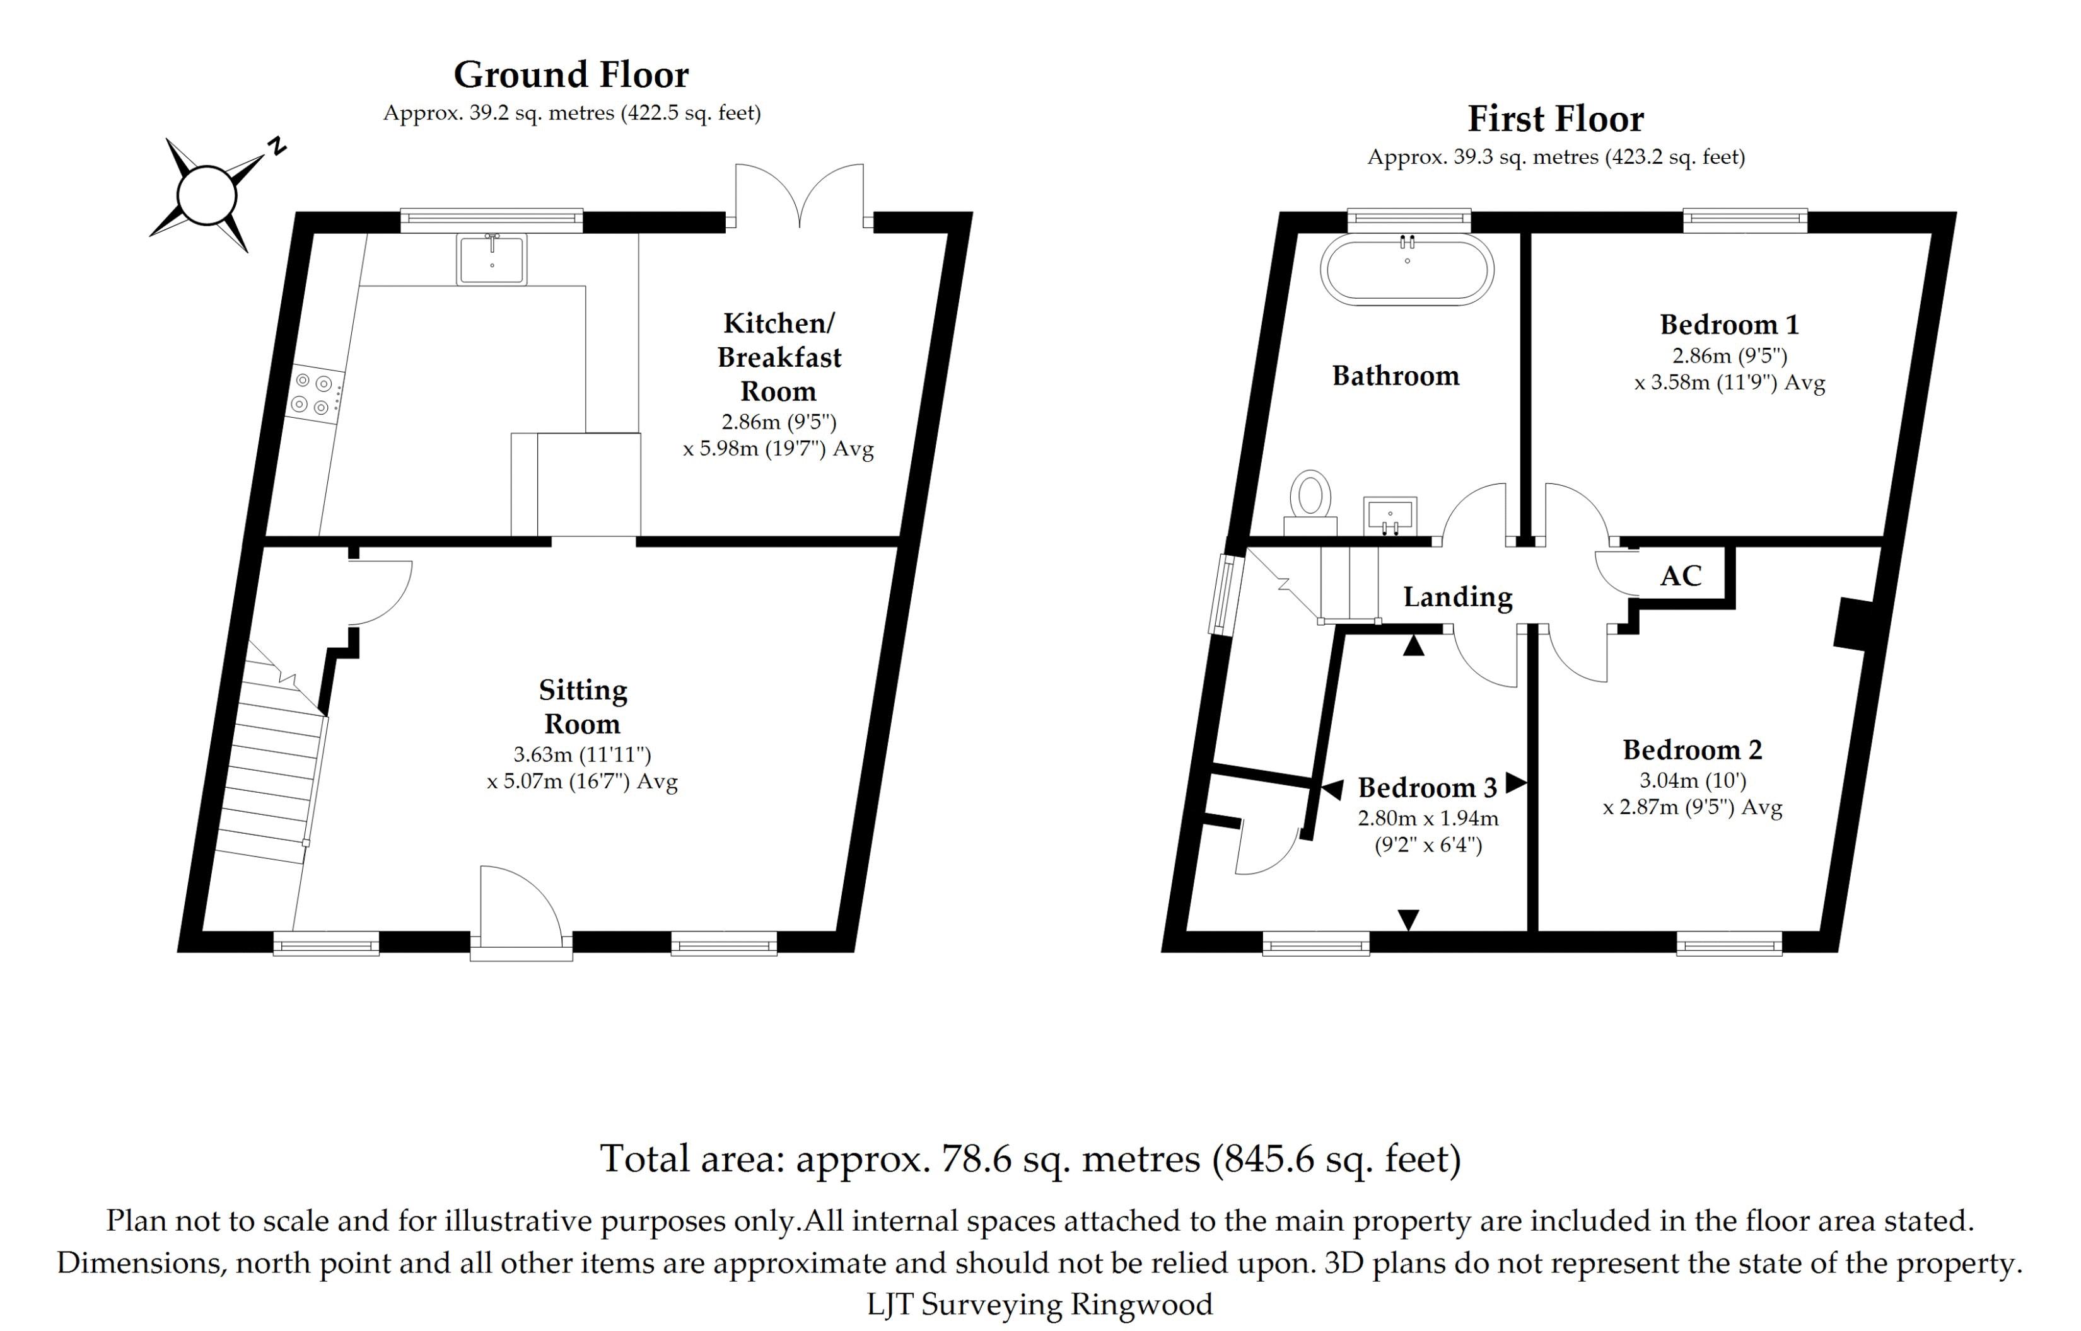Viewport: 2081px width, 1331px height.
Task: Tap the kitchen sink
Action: point(491,258)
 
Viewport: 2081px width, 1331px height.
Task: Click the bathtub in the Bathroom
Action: point(1407,269)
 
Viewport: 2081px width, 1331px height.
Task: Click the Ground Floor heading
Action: point(571,75)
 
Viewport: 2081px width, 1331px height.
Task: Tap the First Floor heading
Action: point(1555,119)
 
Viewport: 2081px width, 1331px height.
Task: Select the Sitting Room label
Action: point(582,706)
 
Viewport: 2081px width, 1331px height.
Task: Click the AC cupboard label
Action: point(1681,575)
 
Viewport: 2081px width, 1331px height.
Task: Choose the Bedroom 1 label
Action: point(1728,325)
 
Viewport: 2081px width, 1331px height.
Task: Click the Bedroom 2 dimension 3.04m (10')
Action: point(1693,780)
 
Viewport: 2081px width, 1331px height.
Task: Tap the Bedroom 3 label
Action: point(1428,787)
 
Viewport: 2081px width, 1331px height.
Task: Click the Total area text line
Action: point(1030,1159)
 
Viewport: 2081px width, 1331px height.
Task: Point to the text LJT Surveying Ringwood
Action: point(1039,1303)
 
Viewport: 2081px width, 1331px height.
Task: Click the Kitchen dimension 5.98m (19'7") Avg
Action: point(778,449)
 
